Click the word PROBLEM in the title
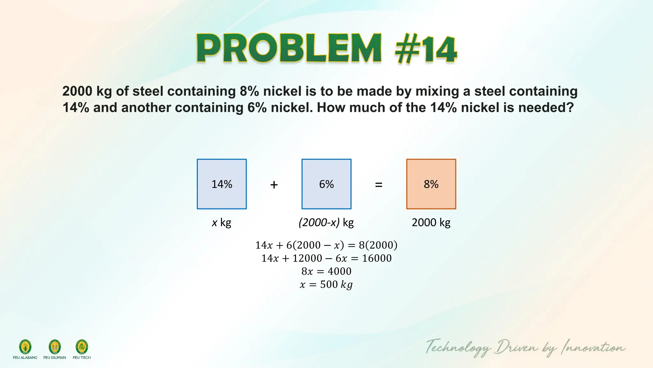(x=289, y=48)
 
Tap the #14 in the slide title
(x=426, y=50)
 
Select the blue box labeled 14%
(x=222, y=184)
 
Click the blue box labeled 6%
(x=326, y=184)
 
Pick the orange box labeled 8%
(x=431, y=184)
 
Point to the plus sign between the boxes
(x=274, y=185)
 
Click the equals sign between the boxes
(x=378, y=185)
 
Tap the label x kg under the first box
(x=222, y=222)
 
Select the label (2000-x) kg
(x=326, y=222)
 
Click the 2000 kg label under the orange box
(x=431, y=222)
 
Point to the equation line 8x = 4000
(x=326, y=271)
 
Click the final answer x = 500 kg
(x=326, y=284)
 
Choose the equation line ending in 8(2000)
(x=326, y=245)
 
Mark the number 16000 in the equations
(x=377, y=258)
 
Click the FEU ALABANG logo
(x=25, y=347)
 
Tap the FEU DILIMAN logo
(x=55, y=347)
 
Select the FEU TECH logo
(x=82, y=347)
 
